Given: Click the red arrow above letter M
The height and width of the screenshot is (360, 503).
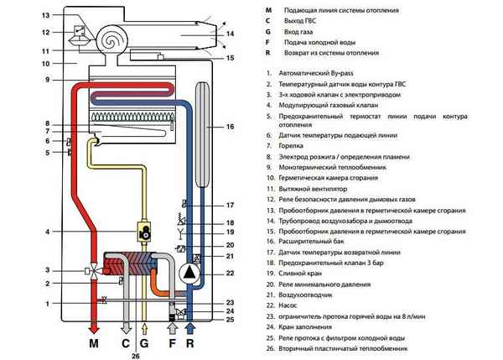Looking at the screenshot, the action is point(94,330).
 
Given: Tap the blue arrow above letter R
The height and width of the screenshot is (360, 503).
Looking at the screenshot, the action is point(190,329).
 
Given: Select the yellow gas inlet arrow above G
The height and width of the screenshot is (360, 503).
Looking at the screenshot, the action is point(144,329).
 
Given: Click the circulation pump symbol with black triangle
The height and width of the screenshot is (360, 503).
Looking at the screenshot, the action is point(189,274).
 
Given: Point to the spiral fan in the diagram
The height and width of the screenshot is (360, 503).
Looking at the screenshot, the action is point(111,39).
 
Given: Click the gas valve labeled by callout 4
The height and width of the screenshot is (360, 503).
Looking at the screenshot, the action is point(144,232).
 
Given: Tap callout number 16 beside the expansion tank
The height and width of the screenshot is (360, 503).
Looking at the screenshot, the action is point(230,127).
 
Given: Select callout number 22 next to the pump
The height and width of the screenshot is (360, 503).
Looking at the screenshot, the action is point(230,274).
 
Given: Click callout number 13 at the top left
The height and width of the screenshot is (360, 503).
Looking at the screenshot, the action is point(46,15).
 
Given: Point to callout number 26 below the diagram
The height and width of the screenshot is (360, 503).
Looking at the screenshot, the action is point(136,356).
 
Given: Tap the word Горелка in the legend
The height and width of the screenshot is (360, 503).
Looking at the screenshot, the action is point(291,146).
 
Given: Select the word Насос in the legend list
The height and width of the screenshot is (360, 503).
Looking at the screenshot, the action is point(288,305).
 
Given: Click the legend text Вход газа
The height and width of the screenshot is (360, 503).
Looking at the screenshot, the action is point(298,32).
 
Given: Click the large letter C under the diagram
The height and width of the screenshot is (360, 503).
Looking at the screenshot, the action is point(126,343).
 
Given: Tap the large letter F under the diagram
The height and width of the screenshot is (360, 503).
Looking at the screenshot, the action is point(172,343).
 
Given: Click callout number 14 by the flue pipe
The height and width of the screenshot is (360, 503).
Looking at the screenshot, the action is point(230,34).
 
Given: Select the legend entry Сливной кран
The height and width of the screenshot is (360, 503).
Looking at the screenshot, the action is point(300,274).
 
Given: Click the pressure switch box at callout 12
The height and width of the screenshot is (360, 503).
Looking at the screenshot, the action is point(80,30).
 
